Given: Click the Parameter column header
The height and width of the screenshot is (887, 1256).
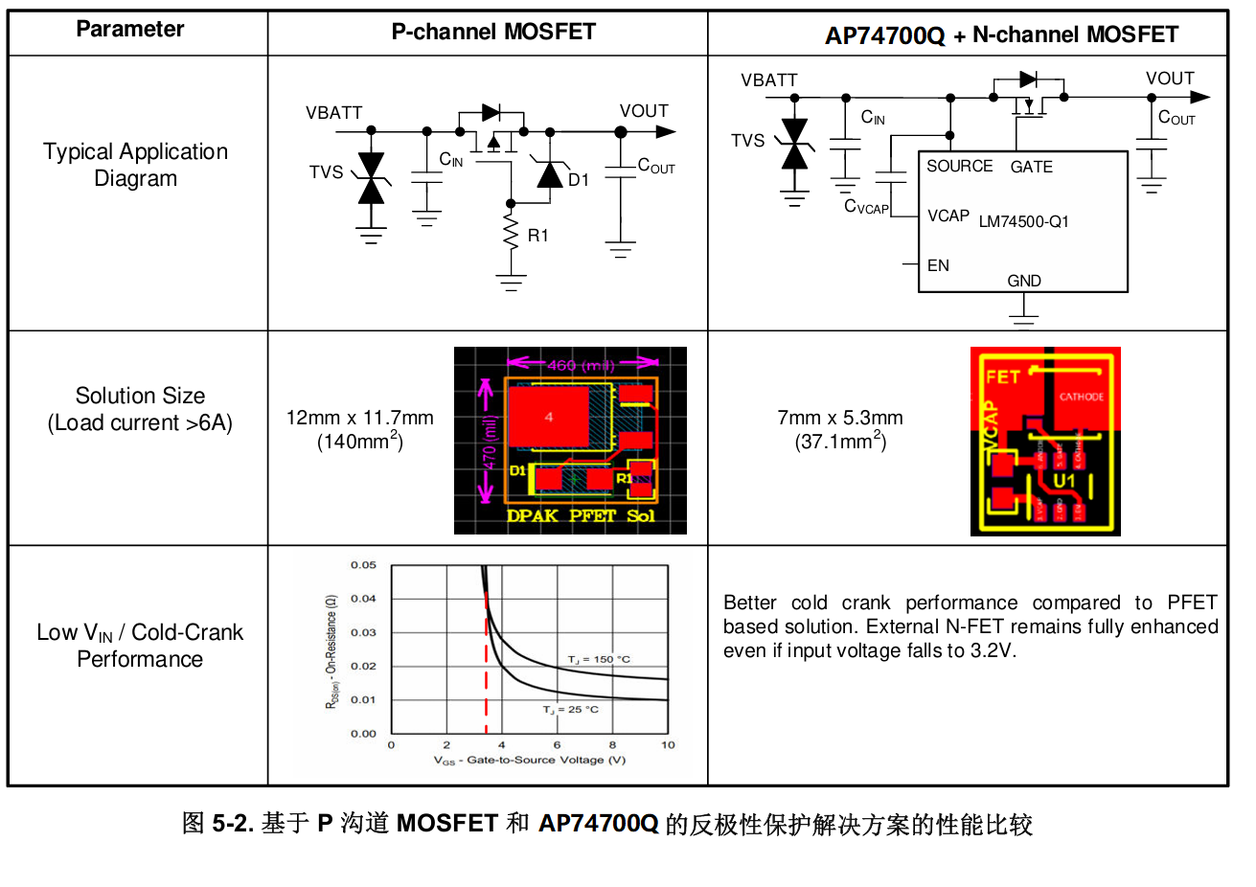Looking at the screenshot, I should [129, 30].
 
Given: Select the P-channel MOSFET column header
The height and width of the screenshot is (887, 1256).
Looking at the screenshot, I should [492, 32].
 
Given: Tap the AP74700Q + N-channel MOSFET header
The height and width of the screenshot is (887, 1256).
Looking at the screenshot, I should [1001, 35].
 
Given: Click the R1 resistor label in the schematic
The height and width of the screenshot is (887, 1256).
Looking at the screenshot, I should [538, 236].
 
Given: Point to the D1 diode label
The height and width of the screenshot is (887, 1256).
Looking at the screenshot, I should [579, 180].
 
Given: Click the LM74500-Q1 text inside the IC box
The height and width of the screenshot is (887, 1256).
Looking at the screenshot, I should [1023, 221].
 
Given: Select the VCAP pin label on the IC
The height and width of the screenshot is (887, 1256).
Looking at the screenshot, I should [948, 216].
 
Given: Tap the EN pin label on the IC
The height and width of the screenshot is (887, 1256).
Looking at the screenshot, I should [938, 265].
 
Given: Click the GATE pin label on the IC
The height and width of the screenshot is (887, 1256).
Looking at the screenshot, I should [1031, 167].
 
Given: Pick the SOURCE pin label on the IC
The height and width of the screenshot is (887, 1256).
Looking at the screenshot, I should [959, 167].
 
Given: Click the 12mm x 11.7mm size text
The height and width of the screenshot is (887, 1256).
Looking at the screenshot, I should [359, 418].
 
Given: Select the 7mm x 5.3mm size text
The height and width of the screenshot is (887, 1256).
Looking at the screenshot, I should [840, 418].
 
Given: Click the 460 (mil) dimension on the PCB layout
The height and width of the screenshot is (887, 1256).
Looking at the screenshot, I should [582, 365].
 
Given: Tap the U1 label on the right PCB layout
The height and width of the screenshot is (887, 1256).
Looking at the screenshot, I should [1065, 479].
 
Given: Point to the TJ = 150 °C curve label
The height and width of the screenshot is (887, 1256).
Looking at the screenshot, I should [599, 659].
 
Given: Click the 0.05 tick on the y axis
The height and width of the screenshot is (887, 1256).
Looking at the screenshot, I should [363, 565].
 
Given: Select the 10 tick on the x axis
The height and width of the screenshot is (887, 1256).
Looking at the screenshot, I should [668, 744].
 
